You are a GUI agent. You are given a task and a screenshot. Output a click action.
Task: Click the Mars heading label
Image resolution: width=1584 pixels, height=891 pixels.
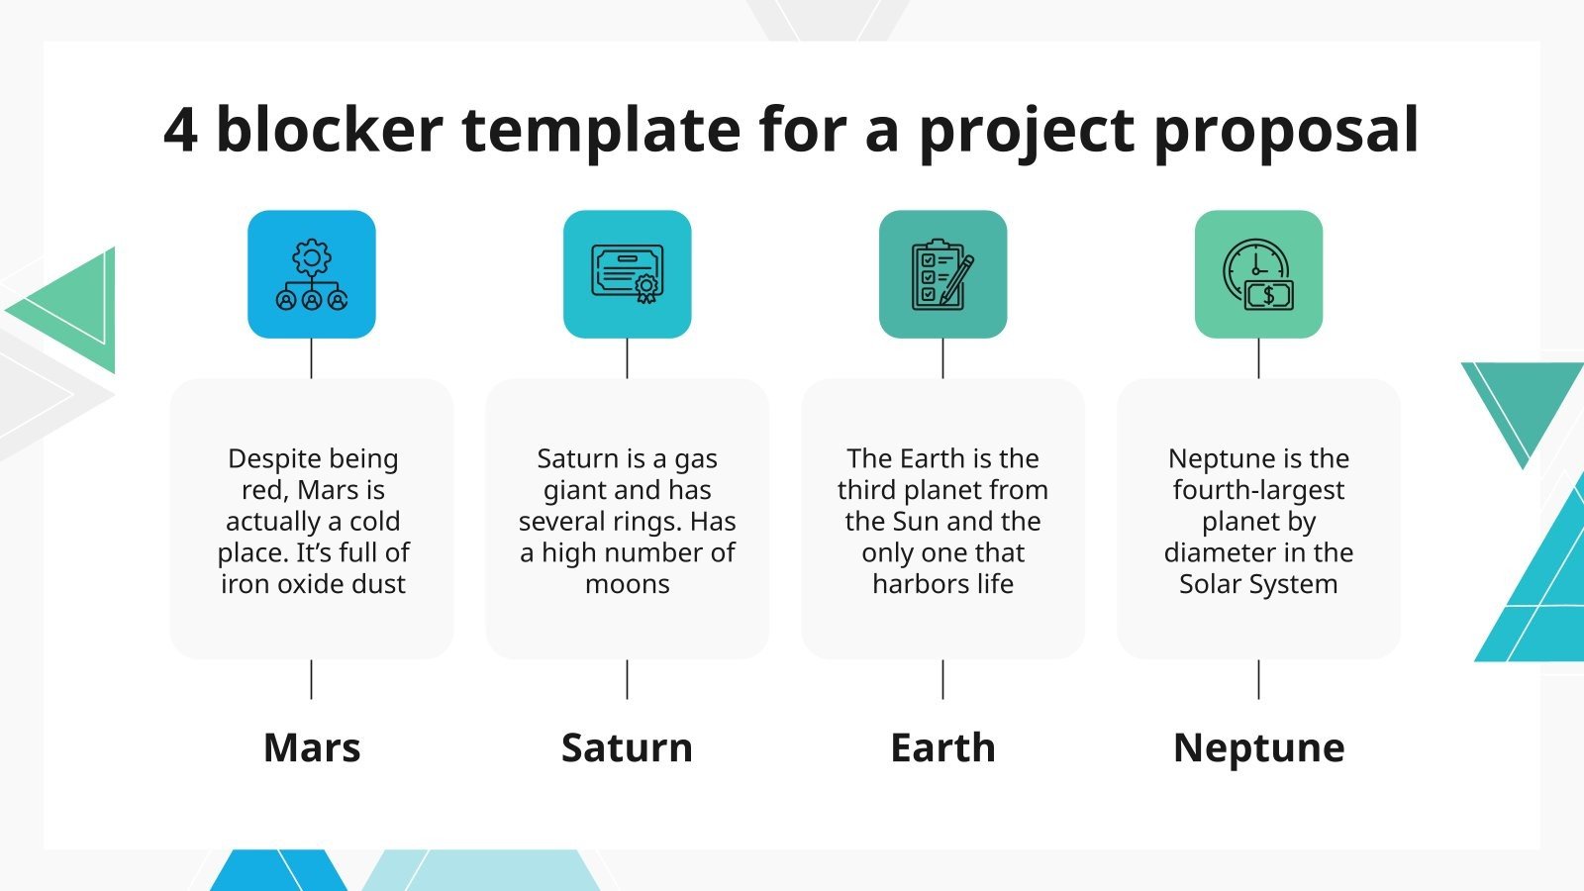click(312, 747)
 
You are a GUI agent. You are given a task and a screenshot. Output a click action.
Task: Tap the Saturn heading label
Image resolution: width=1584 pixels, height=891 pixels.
click(627, 747)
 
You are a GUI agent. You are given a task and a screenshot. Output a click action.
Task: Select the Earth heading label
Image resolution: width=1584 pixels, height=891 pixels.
click(942, 747)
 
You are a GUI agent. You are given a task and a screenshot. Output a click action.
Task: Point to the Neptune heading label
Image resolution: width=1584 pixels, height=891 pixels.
click(1258, 747)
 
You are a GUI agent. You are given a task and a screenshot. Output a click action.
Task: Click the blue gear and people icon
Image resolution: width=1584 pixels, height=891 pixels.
click(312, 274)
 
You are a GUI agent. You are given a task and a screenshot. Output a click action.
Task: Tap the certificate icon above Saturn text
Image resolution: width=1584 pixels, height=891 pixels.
click(627, 274)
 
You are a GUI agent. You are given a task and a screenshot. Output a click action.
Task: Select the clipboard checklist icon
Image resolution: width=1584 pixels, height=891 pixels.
click(942, 274)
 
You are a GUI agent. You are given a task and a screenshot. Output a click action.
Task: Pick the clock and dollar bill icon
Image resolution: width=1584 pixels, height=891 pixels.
click(1258, 274)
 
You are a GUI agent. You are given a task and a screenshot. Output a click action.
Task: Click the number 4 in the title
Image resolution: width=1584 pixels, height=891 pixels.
click(180, 130)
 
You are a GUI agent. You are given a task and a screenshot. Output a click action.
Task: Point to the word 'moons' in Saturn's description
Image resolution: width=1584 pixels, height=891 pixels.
click(627, 584)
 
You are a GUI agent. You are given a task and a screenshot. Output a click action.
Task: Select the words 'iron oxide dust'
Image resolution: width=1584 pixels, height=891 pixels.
click(313, 584)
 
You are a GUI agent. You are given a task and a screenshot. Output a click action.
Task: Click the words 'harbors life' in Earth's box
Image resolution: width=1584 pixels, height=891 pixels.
click(942, 584)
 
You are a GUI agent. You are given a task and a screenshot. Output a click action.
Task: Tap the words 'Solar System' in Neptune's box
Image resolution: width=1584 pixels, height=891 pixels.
click(1258, 584)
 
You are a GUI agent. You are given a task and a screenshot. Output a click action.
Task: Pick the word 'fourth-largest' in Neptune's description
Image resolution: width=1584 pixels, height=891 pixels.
click(1258, 490)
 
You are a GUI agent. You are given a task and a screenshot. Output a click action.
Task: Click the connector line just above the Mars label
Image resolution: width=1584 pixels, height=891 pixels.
click(312, 680)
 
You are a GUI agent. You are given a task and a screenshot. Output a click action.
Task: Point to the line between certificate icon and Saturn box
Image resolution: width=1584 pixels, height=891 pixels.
click(627, 358)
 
